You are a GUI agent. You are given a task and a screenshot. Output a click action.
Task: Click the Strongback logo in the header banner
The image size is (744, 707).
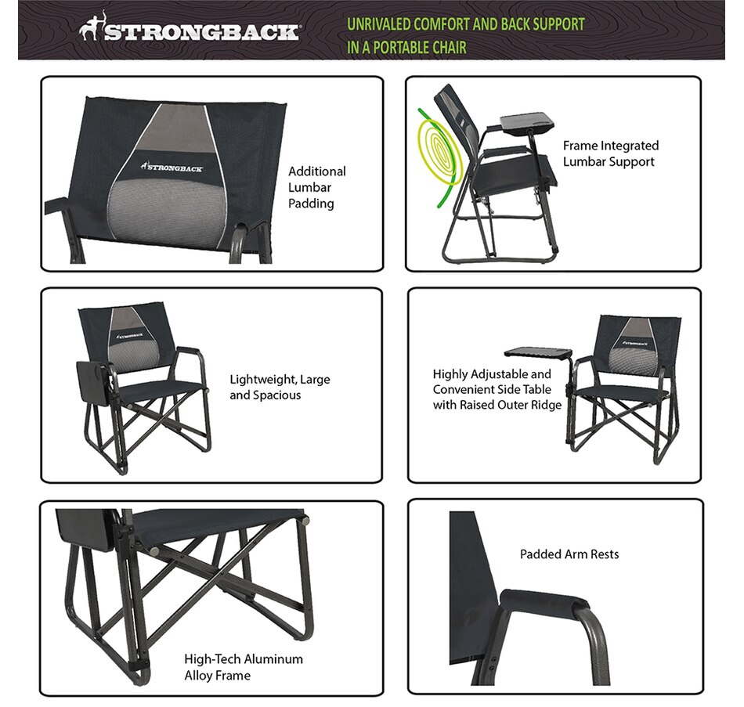[x=190, y=33]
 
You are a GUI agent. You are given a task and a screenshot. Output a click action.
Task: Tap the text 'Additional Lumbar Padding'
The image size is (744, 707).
[x=316, y=187]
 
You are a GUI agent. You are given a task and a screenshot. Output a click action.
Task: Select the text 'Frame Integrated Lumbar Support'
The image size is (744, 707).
[x=610, y=153]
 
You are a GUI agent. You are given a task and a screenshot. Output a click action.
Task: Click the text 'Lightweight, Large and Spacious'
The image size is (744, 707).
[x=280, y=387]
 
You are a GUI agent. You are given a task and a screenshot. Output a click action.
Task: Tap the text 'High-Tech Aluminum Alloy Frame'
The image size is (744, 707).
[x=243, y=666]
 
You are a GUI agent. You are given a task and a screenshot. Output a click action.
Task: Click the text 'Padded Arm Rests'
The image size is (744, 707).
[x=569, y=554]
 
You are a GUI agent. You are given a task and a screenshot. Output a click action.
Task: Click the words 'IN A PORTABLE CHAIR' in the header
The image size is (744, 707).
[x=406, y=48]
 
